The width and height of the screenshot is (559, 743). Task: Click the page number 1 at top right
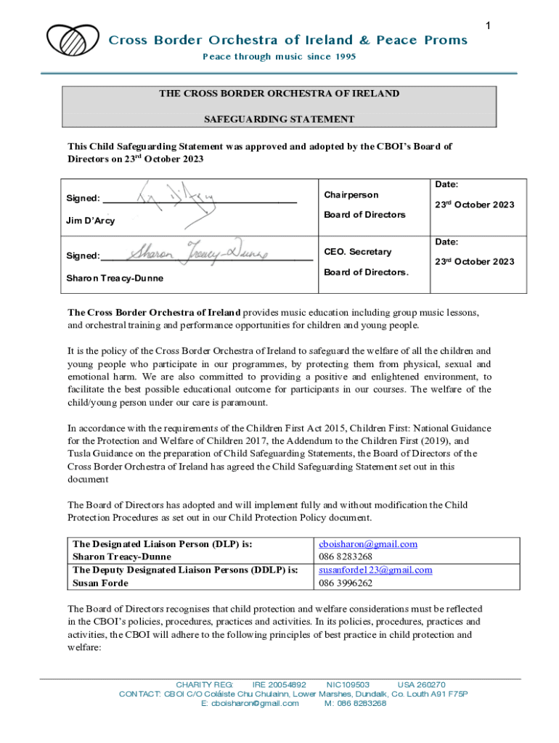(489, 26)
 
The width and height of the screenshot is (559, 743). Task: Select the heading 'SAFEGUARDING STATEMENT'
(279, 119)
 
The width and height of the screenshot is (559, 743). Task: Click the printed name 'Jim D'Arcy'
(91, 221)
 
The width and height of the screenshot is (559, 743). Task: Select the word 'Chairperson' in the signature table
(351, 195)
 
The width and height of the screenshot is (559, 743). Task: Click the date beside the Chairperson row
(474, 205)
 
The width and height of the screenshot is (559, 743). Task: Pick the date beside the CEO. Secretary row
(474, 262)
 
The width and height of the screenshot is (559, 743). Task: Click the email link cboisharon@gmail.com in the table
(368, 543)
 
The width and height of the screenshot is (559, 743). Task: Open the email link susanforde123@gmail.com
(375, 570)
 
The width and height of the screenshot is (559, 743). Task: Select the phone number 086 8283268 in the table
(346, 557)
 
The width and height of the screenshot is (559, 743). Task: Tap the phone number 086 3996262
(346, 583)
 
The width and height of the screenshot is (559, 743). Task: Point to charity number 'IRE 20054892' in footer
(279, 684)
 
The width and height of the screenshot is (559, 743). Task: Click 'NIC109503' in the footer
(348, 684)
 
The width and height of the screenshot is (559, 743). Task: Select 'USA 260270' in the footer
(421, 684)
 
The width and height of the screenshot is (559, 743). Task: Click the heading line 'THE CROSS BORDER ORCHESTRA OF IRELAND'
(279, 94)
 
